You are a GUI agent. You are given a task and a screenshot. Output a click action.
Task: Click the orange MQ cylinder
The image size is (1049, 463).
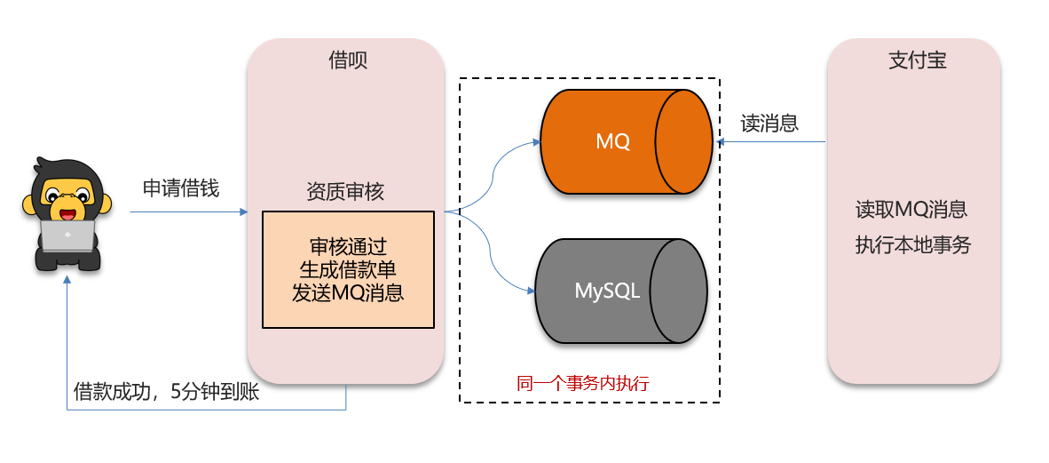(x=612, y=141)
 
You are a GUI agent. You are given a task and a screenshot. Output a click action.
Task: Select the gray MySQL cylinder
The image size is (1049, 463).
(x=607, y=291)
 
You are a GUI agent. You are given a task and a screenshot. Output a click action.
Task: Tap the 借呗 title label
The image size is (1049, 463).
(x=347, y=60)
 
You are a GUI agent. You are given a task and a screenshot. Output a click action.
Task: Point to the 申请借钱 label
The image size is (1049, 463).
(x=181, y=188)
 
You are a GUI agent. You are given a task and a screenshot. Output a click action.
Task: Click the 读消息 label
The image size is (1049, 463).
(x=769, y=123)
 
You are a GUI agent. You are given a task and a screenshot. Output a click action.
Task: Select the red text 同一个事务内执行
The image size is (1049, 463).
(x=583, y=384)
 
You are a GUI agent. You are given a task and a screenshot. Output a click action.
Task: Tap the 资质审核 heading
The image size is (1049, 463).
(x=345, y=191)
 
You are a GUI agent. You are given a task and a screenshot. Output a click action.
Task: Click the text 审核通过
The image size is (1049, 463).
(x=348, y=246)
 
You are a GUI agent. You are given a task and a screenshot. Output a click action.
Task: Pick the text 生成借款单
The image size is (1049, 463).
(x=348, y=269)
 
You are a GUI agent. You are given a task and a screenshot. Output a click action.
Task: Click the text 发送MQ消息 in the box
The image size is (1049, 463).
(x=348, y=292)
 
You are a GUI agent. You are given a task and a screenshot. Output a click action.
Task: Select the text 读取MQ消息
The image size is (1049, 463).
(x=911, y=210)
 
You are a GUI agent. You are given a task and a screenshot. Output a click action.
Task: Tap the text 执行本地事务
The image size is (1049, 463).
(x=912, y=245)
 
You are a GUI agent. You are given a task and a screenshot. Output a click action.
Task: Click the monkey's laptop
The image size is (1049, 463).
(x=67, y=235)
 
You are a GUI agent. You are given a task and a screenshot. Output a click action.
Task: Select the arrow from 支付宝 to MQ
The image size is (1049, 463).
(x=772, y=141)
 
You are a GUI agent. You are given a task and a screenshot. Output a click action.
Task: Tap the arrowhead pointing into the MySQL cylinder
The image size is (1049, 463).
(x=531, y=291)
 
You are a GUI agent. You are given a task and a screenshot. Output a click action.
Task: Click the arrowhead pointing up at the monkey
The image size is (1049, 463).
(x=67, y=279)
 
